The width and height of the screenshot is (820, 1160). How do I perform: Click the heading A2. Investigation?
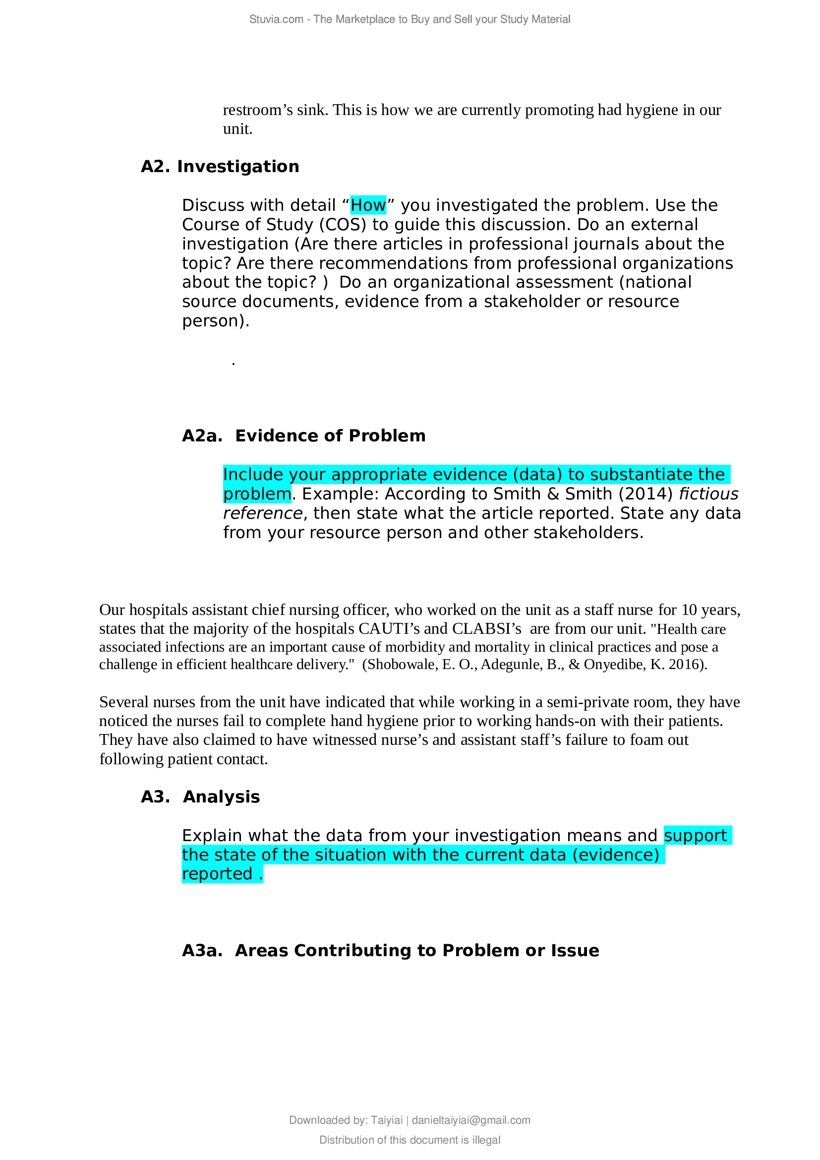pyautogui.click(x=220, y=167)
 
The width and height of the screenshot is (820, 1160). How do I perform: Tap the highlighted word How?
pyautogui.click(x=368, y=206)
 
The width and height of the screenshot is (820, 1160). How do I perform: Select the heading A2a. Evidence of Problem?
pyautogui.click(x=303, y=436)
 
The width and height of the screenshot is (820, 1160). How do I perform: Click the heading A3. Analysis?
pyautogui.click(x=200, y=797)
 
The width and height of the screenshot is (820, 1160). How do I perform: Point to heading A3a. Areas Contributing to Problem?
pyautogui.click(x=390, y=950)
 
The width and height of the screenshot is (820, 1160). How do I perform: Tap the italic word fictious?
pyautogui.click(x=708, y=494)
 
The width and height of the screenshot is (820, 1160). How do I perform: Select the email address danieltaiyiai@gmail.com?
pyautogui.click(x=471, y=1120)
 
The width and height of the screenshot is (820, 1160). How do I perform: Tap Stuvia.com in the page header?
pyautogui.click(x=276, y=19)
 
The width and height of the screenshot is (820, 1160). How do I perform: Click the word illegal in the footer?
pyautogui.click(x=486, y=1140)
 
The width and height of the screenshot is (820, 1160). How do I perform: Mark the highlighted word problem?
pyautogui.click(x=257, y=494)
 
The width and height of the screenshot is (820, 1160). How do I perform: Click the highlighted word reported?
pyautogui.click(x=217, y=874)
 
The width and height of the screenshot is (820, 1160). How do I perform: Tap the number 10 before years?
pyautogui.click(x=689, y=610)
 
